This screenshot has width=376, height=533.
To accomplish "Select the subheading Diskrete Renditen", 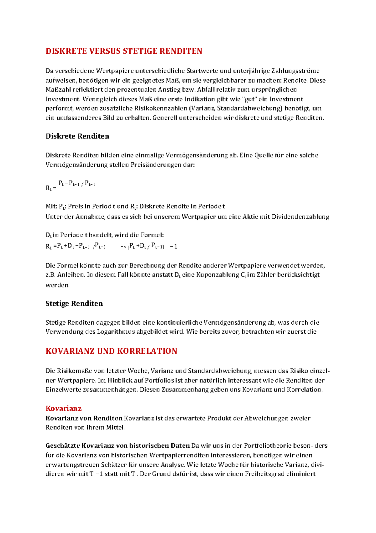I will point(77,136).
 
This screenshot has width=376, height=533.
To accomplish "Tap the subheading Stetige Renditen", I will point(74,304).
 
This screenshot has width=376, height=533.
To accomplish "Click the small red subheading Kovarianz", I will point(64,408).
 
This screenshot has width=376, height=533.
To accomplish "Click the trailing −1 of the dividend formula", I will point(174,246).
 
